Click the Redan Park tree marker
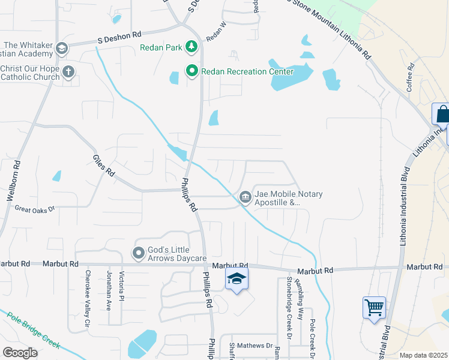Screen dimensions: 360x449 pos(191,47)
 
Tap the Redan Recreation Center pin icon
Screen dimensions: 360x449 pos(192,71)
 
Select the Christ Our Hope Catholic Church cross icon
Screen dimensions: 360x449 pos(68,73)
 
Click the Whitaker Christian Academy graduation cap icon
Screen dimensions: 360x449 pos(61,48)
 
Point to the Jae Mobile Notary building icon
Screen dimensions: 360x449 pos(246,197)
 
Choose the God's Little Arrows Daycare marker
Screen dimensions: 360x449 pos(139,253)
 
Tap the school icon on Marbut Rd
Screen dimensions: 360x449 pos(237,279)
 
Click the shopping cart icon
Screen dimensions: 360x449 pos(374,308)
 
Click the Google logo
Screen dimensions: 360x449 pos(20,353)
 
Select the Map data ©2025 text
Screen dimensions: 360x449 pos(423,355)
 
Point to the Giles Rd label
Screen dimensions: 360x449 pos(103,166)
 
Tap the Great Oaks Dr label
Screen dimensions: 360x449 pos(35,209)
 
